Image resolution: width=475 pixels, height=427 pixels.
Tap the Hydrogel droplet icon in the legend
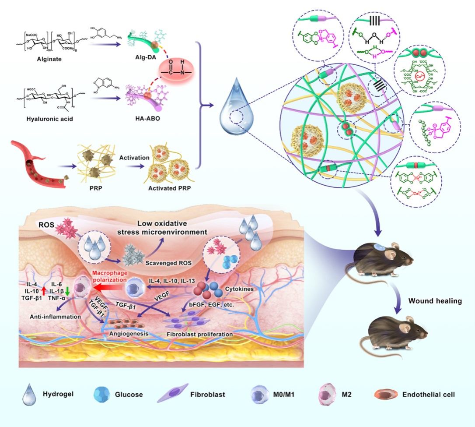(29, 394)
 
